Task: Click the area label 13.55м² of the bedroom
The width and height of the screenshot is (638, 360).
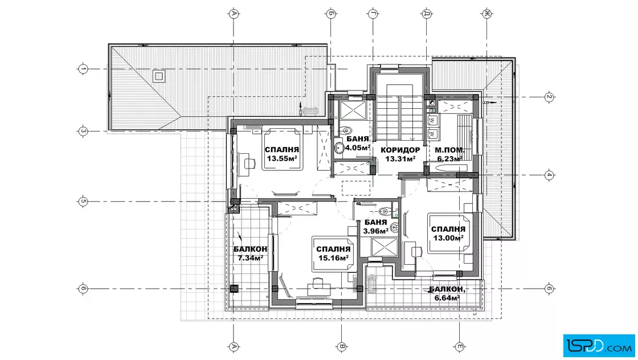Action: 282,159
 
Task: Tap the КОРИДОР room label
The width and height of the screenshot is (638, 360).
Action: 400,150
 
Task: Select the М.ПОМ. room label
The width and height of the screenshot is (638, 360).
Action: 449,150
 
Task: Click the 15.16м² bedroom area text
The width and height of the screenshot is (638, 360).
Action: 333,258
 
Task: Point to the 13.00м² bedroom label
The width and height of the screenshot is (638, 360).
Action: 448,238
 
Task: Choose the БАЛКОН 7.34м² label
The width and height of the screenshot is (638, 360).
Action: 250,253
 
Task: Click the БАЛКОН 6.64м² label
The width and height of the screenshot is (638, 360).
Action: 447,293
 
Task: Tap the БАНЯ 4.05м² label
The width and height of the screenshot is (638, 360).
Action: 358,143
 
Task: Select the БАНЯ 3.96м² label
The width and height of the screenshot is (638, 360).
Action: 375,227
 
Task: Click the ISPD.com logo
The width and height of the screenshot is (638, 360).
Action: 599,346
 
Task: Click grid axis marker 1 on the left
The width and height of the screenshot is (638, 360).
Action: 83,69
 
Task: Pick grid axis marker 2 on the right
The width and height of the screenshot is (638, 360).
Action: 549,97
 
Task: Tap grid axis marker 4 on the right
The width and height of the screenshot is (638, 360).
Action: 549,175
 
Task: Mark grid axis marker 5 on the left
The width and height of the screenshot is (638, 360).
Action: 83,201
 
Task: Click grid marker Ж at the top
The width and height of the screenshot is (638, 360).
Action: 486,14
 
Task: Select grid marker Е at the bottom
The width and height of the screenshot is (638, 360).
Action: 460,347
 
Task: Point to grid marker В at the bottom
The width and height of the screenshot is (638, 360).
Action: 342,347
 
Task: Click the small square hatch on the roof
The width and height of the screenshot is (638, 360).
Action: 158,76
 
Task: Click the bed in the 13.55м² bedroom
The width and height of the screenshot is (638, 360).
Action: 283,149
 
